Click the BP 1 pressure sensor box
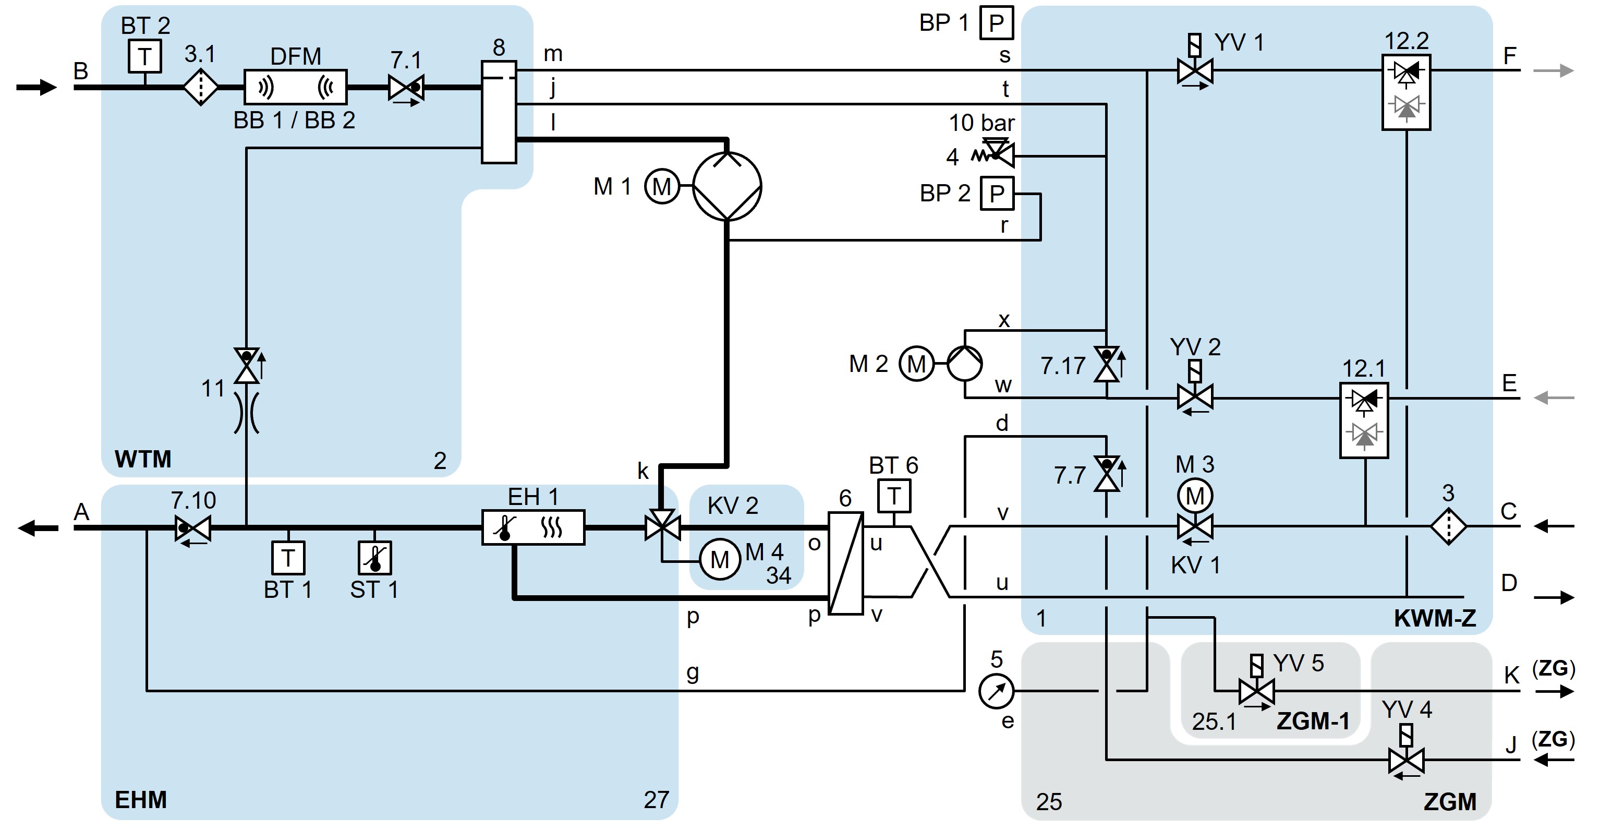tap(996, 23)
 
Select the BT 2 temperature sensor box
tap(145, 56)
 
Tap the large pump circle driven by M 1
tap(726, 186)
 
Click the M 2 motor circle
tap(916, 364)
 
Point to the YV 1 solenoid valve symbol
tap(1194, 70)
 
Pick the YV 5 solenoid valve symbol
tap(1256, 690)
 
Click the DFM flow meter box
tap(295, 87)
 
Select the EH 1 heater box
tap(533, 527)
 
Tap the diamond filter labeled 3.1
tap(201, 88)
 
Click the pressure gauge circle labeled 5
tap(996, 690)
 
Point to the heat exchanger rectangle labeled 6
tap(845, 563)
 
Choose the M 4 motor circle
tap(720, 559)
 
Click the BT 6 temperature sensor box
tap(894, 495)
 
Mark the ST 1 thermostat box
tap(374, 557)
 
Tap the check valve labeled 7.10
tap(192, 528)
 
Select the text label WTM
tap(143, 459)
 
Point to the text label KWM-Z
tap(1435, 618)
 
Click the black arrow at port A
tap(37, 528)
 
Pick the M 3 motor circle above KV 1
tap(1194, 495)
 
